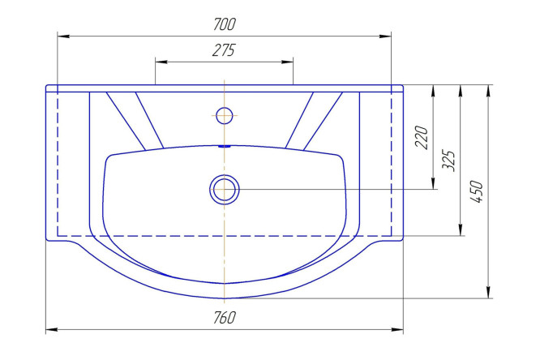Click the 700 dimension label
coord(225,24)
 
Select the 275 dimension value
coord(224,50)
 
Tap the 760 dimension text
coord(225,318)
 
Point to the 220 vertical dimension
coord(422,137)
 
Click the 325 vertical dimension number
coord(448,161)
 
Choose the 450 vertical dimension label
coord(477,191)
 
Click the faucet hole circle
coord(225,115)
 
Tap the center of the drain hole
coord(225,190)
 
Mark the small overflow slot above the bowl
coord(225,146)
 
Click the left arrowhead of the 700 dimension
coord(63,36)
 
